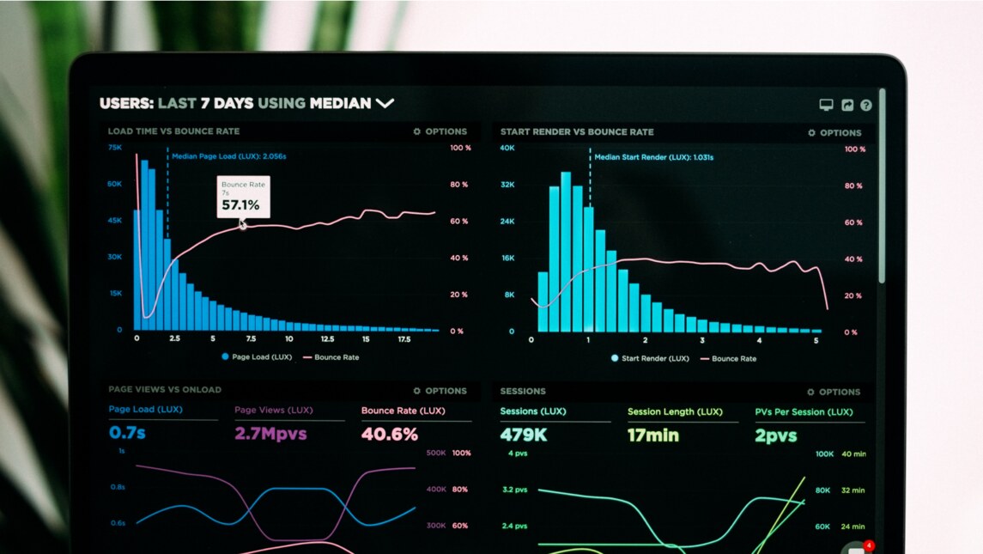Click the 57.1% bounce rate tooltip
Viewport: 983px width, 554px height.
[x=243, y=198]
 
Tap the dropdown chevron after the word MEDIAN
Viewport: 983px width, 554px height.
[x=385, y=103]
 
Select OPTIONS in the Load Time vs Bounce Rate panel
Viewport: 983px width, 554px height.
[x=440, y=131]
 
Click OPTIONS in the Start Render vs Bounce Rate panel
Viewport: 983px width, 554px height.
[x=834, y=133]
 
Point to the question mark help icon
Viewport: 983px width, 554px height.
[x=865, y=105]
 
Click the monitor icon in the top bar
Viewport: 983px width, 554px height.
[x=826, y=105]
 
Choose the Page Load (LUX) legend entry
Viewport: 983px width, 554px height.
[x=257, y=357]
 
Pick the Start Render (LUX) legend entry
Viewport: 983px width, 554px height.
[x=650, y=358]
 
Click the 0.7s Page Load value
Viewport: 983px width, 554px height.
[x=127, y=433]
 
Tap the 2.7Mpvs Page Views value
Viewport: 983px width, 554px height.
[x=270, y=434]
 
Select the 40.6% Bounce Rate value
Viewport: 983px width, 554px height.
[x=390, y=435]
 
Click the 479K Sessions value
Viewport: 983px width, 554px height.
[x=524, y=435]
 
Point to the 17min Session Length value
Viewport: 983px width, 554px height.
[x=652, y=435]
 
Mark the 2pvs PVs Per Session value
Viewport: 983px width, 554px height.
[x=776, y=436]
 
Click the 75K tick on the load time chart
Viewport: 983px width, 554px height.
[x=114, y=148]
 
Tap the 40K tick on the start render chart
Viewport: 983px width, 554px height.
[x=507, y=149]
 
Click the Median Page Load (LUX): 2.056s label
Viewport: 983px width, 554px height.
[x=228, y=156]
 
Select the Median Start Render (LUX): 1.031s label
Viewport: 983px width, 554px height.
[x=653, y=157]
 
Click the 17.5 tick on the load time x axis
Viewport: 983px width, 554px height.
[x=404, y=339]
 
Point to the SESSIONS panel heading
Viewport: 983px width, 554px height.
[x=523, y=391]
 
